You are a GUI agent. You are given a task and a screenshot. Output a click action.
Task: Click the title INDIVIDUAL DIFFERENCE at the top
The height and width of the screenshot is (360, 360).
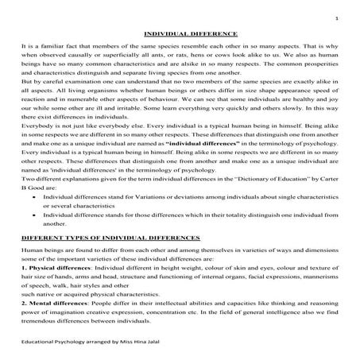pyautogui.click(x=179, y=34)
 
